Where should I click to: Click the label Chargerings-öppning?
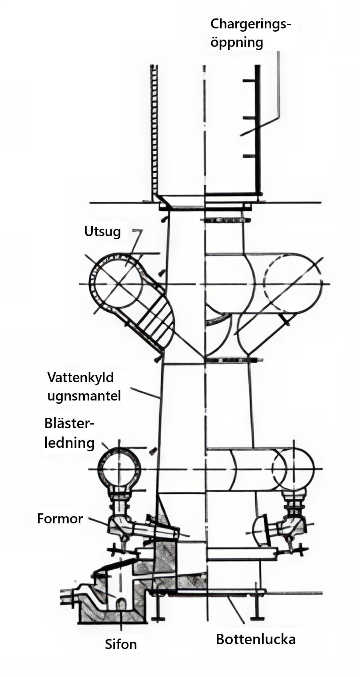(x=250, y=33)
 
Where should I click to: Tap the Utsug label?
(x=102, y=231)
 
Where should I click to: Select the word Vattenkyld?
(x=80, y=377)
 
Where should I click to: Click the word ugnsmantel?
(x=84, y=396)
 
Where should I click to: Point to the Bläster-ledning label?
(x=69, y=433)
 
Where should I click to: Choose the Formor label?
(x=60, y=519)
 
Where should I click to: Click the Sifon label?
(x=121, y=644)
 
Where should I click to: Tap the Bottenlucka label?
(x=256, y=639)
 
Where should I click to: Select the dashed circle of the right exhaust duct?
(x=293, y=283)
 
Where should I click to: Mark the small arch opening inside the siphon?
(x=121, y=603)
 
